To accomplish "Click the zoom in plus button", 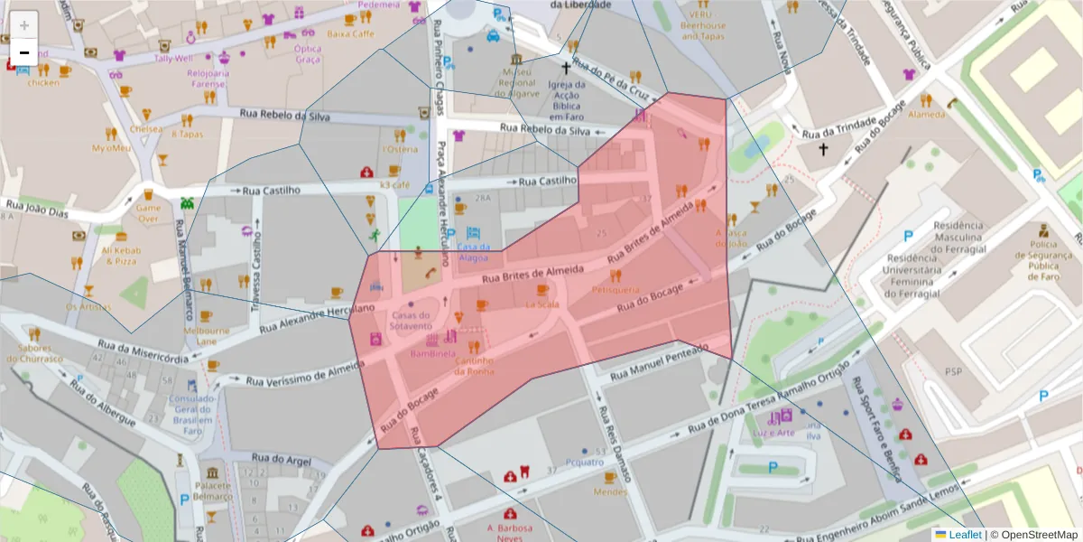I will tap(24, 25).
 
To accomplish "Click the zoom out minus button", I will tap(24, 52).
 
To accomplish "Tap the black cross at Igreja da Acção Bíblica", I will tap(566, 68).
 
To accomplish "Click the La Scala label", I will tap(542, 304).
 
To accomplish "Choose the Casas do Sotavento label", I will tap(411, 320).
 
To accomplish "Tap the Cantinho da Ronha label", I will tap(474, 366).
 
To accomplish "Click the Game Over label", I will tap(147, 212).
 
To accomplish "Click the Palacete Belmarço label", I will tap(213, 491).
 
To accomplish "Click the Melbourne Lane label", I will tap(207, 336).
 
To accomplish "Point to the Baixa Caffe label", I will tap(350, 34).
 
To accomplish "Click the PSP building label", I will tap(953, 371).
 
